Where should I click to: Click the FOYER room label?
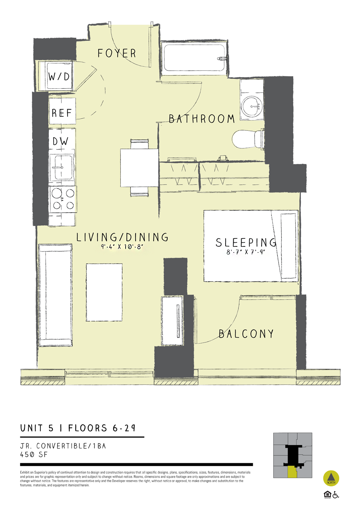(116, 53)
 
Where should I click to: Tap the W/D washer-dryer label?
(59, 76)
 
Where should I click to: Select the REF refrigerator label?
(62, 113)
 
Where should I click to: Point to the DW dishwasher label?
(60, 141)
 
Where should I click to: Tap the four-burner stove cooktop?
(63, 200)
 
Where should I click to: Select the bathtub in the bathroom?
(194, 58)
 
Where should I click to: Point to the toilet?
(248, 139)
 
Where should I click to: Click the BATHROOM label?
(202, 119)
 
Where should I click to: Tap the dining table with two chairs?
(139, 168)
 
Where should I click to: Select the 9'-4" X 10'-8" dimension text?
(122, 246)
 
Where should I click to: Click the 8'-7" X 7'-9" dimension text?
(246, 252)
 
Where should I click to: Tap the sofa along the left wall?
(56, 295)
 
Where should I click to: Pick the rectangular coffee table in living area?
(104, 292)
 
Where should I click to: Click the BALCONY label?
(246, 334)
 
